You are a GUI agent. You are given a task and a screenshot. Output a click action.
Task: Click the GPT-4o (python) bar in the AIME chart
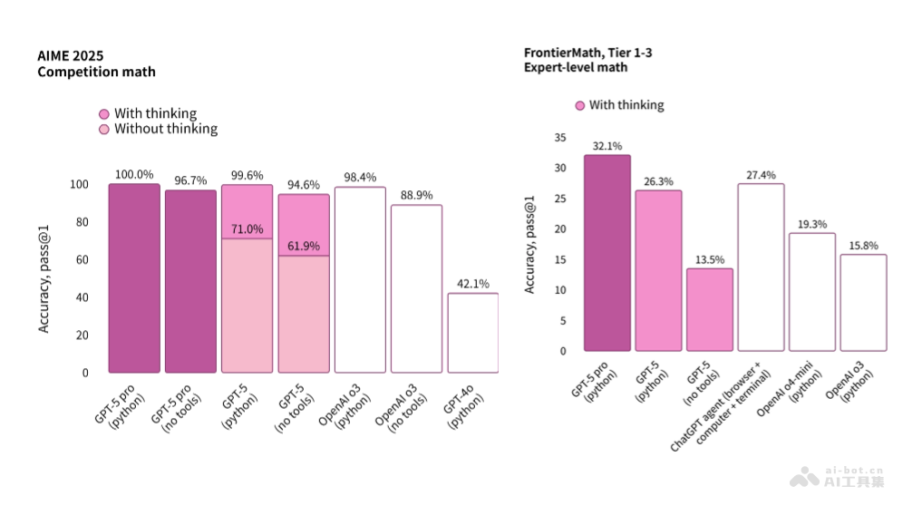click(x=472, y=333)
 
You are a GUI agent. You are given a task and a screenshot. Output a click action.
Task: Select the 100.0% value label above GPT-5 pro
click(x=134, y=174)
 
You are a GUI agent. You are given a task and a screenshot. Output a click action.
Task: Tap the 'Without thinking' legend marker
click(x=104, y=129)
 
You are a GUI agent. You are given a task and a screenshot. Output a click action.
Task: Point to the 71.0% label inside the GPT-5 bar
click(x=247, y=228)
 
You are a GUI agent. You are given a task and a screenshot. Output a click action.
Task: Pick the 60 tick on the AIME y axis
click(x=82, y=260)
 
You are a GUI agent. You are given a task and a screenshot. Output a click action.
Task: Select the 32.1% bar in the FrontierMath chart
click(x=607, y=253)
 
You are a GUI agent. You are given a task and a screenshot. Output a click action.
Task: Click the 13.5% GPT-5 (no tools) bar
click(x=709, y=309)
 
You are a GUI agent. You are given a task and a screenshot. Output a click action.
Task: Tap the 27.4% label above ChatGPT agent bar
click(x=761, y=175)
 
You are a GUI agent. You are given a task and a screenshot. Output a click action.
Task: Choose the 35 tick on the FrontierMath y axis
click(x=559, y=138)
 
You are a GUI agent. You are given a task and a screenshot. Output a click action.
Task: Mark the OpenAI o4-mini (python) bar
click(x=811, y=292)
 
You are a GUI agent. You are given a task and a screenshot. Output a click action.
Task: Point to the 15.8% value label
click(x=863, y=246)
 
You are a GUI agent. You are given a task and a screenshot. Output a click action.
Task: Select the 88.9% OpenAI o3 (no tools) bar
click(x=416, y=288)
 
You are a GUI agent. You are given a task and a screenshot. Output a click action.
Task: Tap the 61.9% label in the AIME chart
click(x=303, y=246)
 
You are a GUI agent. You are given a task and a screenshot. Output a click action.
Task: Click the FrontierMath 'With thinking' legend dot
click(x=580, y=106)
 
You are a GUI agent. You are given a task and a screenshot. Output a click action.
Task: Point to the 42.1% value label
click(x=472, y=283)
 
